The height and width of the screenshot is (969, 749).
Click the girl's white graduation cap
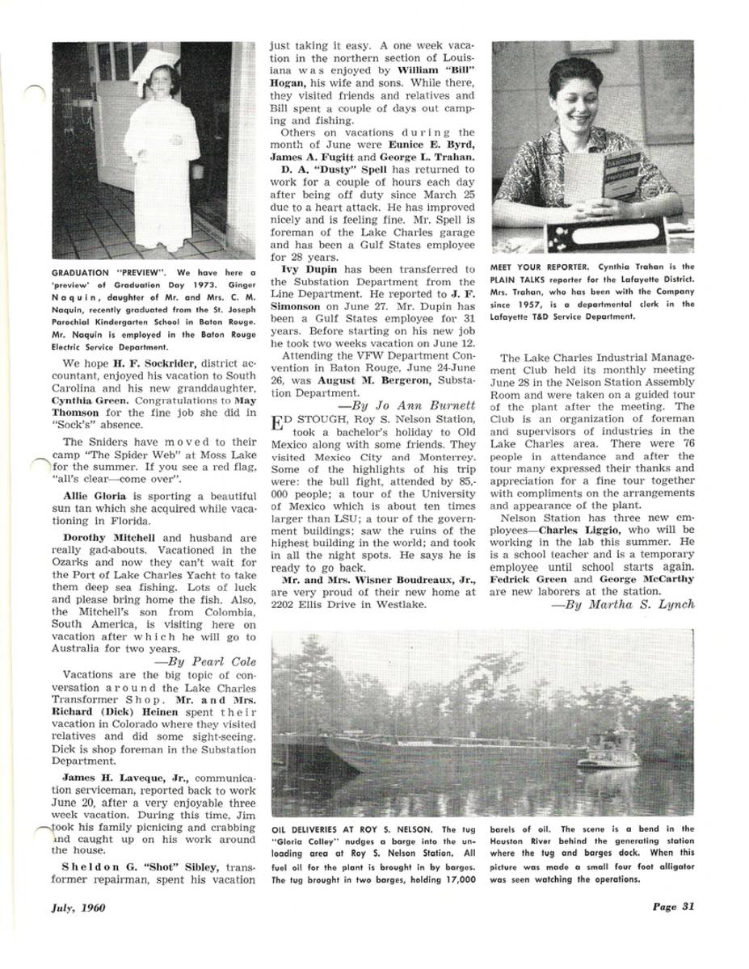click(155, 63)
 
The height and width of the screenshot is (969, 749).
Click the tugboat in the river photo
click(610, 752)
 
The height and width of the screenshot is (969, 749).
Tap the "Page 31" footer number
click(674, 905)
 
